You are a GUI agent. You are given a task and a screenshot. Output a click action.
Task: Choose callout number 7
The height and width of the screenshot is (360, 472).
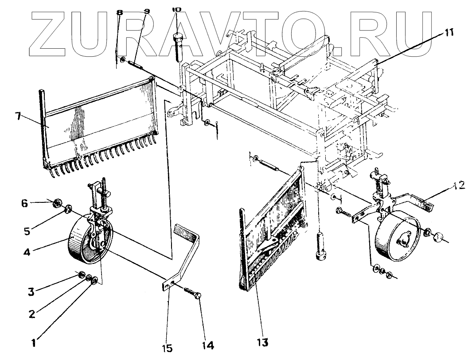(17, 116)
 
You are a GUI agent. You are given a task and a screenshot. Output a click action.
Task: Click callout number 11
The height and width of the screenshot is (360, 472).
(450, 32)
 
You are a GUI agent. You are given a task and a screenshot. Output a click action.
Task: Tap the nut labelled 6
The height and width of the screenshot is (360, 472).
(57, 204)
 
